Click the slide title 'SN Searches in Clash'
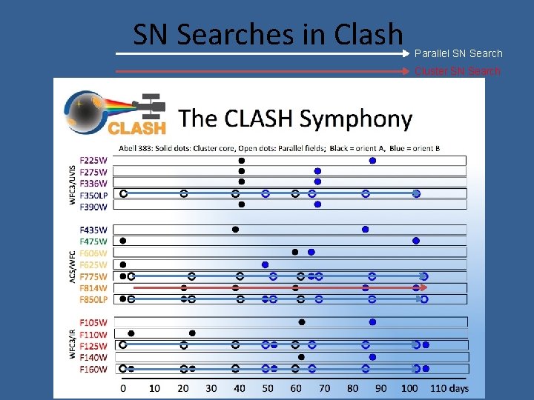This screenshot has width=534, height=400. [268, 33]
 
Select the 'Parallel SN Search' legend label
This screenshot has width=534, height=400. [458, 53]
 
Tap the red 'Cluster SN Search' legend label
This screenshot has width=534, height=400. [458, 71]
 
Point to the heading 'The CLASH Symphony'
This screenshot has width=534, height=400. [295, 119]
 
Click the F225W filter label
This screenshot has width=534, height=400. [93, 160]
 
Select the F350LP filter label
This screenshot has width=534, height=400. [94, 194]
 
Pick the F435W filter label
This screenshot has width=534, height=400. [93, 229]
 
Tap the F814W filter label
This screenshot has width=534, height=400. [93, 287]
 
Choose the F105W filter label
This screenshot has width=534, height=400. [93, 322]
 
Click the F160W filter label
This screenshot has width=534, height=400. [93, 369]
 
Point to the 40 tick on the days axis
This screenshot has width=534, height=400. [239, 388]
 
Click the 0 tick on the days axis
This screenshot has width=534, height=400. [123, 388]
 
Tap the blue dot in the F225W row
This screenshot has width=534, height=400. [372, 160]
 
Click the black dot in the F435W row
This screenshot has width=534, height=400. [235, 229]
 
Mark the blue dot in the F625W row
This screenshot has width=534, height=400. [265, 264]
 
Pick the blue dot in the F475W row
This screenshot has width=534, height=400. [416, 241]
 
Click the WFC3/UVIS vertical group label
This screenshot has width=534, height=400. [73, 183]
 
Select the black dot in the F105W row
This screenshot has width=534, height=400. [301, 322]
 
